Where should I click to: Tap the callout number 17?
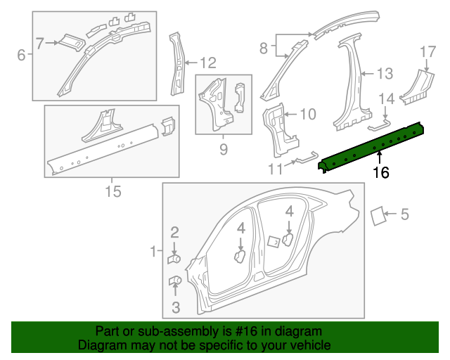point(428,51)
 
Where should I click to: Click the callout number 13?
point(385,73)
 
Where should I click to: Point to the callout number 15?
point(112,191)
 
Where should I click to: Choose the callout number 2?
point(175,231)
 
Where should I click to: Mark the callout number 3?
point(175,307)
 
